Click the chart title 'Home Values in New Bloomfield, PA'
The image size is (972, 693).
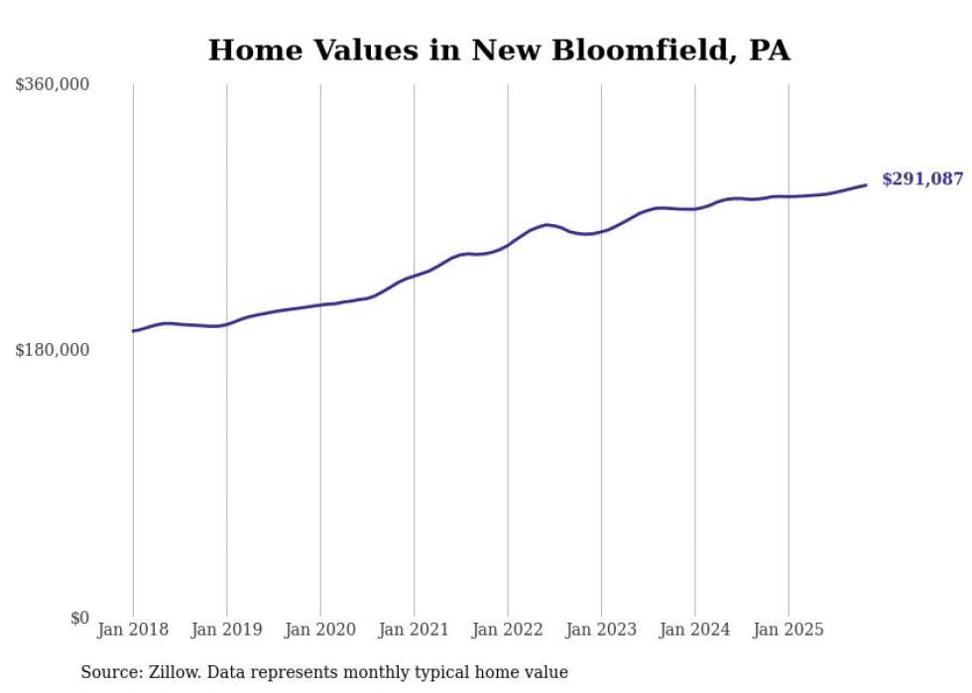click(499, 51)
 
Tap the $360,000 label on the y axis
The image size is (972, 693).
click(53, 85)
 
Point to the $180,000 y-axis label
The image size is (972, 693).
click(53, 350)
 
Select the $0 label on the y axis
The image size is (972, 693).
click(79, 618)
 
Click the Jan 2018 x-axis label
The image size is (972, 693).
click(133, 630)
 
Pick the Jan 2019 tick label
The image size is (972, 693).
click(227, 630)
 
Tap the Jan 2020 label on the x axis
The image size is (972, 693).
click(320, 630)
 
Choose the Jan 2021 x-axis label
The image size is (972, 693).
click(414, 630)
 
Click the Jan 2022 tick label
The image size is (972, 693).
click(508, 630)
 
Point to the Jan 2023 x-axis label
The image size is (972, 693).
click(601, 630)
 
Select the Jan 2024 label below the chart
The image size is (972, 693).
click(695, 630)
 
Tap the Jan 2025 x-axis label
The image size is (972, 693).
click(789, 630)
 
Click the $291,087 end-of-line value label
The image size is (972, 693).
click(922, 179)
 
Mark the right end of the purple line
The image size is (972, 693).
click(866, 185)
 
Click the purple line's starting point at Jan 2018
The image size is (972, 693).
click(133, 331)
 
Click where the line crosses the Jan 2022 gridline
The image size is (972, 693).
click(508, 244)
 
